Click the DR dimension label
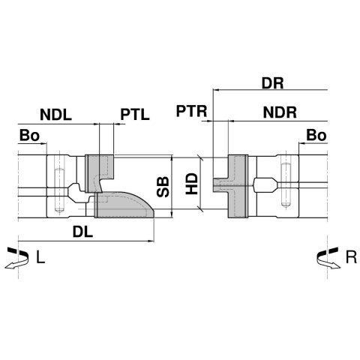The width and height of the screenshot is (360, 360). point(272,83)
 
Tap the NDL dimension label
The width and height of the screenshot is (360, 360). point(56,115)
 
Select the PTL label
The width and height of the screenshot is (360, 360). point(135,114)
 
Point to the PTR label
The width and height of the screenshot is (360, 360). point(192,111)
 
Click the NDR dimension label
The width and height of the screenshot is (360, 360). point(280,112)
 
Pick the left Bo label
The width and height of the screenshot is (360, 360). point(29,136)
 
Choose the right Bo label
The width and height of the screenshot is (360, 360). point(316,135)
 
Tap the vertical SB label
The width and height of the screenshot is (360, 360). point(163,187)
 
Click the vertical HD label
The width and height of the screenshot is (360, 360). point(192,184)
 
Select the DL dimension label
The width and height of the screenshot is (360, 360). point(82,232)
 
